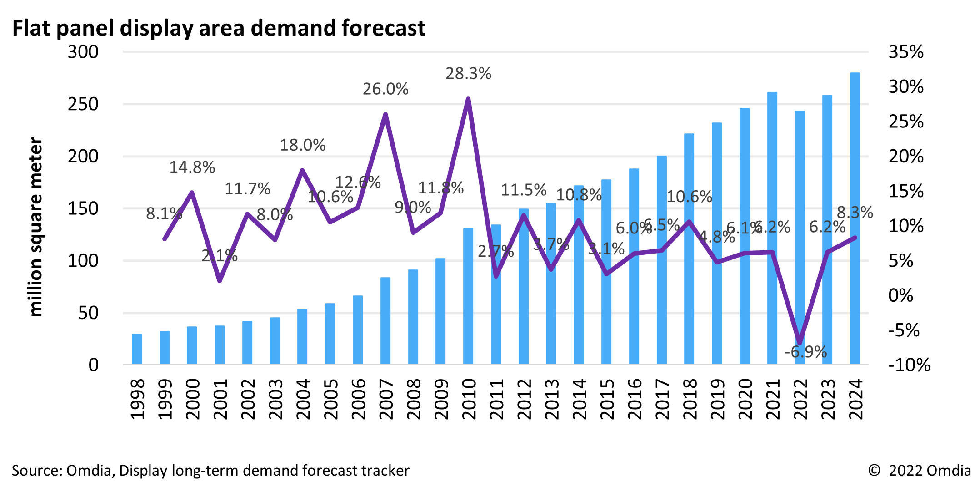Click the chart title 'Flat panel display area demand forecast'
click(219, 28)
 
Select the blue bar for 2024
click(855, 218)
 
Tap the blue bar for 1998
click(137, 349)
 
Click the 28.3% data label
click(468, 74)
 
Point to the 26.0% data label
click(385, 89)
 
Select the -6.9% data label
click(805, 352)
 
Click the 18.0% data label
click(302, 146)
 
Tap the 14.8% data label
click(192, 168)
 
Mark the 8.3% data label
click(855, 213)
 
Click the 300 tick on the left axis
click(83, 52)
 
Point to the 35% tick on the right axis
click(906, 52)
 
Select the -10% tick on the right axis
click(909, 365)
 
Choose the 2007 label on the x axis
click(386, 399)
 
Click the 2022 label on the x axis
click(800, 399)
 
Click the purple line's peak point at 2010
click(468, 99)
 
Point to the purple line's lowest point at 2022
click(800, 343)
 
